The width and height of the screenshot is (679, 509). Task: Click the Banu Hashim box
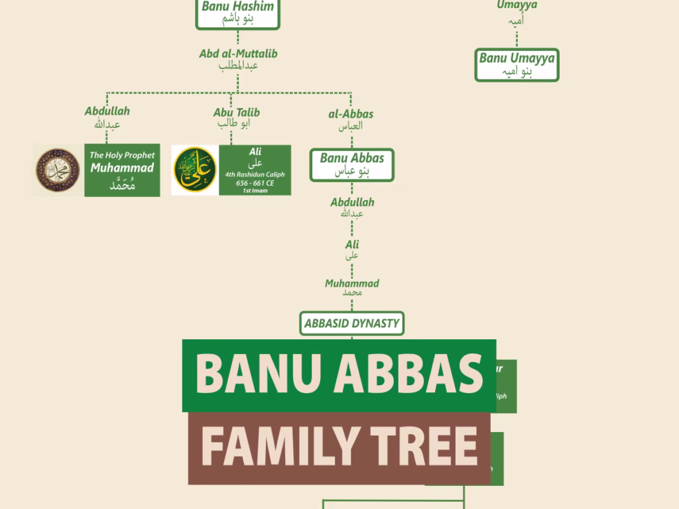[237, 13]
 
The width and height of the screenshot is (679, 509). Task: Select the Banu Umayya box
[517, 65]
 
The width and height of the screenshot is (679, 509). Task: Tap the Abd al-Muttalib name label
[238, 59]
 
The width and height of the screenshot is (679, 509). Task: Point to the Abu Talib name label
[236, 117]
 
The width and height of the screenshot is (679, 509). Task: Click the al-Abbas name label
[351, 119]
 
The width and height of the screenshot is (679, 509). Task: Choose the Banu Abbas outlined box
[351, 164]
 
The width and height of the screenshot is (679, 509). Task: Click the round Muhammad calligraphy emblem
[58, 170]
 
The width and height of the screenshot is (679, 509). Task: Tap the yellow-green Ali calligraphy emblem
[194, 170]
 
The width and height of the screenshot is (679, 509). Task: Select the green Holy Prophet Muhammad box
[122, 170]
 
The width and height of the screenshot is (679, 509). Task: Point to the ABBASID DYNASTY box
[351, 323]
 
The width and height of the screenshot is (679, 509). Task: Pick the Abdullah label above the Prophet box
[107, 117]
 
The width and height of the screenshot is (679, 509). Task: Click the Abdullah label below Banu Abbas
[352, 207]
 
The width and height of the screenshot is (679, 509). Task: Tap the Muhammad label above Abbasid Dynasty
[351, 287]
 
